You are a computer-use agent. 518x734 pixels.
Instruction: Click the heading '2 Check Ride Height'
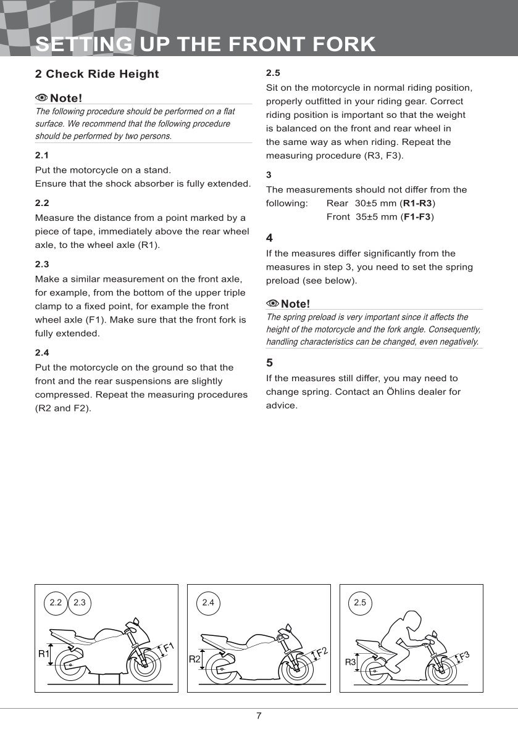(x=97, y=74)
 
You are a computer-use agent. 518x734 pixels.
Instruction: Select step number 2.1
(x=42, y=155)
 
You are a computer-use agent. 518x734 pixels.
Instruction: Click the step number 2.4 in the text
(x=42, y=353)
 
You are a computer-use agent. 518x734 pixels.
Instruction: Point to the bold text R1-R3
(x=418, y=203)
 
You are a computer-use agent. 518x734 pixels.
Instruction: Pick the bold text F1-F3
(x=417, y=216)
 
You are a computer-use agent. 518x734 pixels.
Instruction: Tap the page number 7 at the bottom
(x=259, y=715)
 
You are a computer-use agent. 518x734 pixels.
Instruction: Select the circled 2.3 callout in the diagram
(x=79, y=602)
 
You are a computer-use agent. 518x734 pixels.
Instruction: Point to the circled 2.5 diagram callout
(x=360, y=602)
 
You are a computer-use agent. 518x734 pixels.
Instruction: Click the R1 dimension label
(x=43, y=653)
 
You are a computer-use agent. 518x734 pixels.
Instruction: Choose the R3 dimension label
(x=350, y=662)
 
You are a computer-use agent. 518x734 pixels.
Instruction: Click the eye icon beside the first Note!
(x=41, y=98)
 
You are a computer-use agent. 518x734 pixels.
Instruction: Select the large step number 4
(x=269, y=237)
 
